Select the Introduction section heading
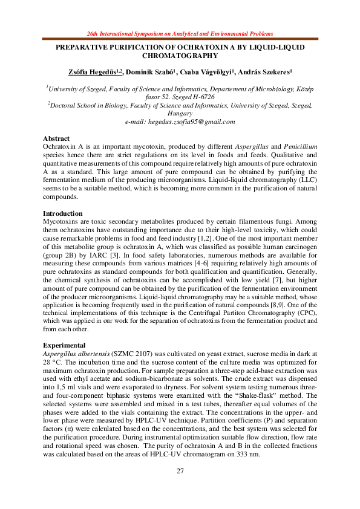coord(62,213)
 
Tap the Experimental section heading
coord(64,342)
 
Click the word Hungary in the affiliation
coord(180,113)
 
